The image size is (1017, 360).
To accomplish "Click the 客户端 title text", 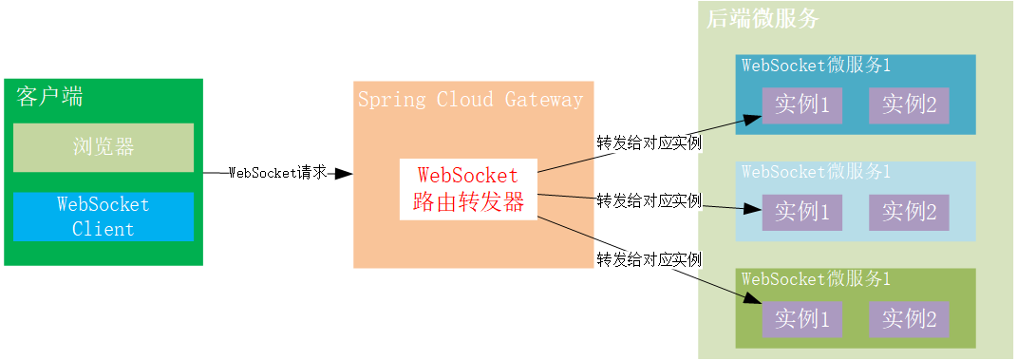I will [49, 96].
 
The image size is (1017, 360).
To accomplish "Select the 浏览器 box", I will [104, 147].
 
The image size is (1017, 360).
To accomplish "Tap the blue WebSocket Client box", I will [104, 217].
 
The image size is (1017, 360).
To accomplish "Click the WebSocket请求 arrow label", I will [278, 173].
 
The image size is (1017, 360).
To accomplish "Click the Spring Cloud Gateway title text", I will [470, 100].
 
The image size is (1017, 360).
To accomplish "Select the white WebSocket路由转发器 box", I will [468, 189].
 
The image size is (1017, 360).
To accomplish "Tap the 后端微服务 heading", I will [763, 18].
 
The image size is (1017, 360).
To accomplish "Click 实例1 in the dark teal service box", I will [801, 105].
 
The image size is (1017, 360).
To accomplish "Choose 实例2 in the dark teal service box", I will [909, 105].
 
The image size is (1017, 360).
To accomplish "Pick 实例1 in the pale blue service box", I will [801, 212].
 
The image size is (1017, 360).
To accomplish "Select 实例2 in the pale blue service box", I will [909, 212].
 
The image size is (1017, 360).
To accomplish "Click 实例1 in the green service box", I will [801, 319].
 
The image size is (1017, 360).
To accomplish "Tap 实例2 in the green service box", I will [909, 319].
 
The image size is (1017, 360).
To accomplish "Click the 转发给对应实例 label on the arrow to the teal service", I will [649, 143].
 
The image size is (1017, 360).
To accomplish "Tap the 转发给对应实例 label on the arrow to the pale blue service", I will [649, 200].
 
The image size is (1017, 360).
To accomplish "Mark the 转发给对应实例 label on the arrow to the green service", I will [649, 259].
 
